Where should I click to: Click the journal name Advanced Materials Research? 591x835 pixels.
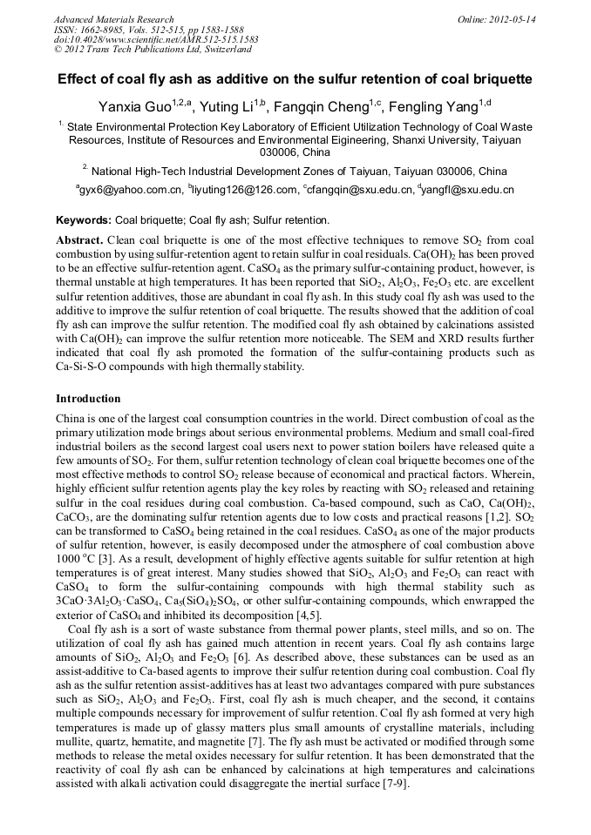(x=113, y=19)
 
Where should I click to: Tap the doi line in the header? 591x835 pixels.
(x=156, y=40)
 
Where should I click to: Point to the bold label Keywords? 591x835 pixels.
(x=84, y=220)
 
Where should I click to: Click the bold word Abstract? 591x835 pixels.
(x=79, y=239)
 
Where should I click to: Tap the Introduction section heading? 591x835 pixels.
(x=88, y=399)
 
